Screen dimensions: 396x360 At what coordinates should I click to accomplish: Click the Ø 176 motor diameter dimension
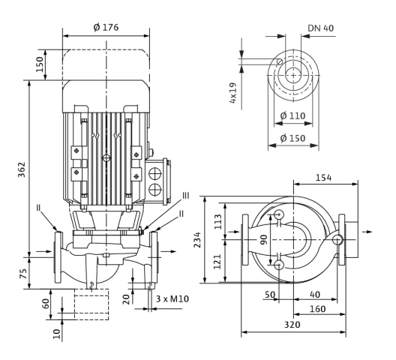tap(106, 27)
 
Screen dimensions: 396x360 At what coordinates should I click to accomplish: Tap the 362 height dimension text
tap(22, 169)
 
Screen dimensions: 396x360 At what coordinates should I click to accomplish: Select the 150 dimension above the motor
tap(40, 64)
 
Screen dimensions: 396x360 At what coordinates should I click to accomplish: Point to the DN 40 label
tap(321, 28)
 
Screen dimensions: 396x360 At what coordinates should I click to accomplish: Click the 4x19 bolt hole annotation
tap(232, 93)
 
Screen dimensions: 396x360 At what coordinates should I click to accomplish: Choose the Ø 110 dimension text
tap(293, 116)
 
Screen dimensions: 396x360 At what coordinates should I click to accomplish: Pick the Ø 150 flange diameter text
tap(293, 138)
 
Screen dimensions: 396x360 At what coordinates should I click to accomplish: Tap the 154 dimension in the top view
tap(323, 178)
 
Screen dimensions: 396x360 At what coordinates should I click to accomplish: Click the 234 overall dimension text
tap(197, 240)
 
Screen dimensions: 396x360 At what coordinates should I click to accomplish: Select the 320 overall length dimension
tap(292, 325)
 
